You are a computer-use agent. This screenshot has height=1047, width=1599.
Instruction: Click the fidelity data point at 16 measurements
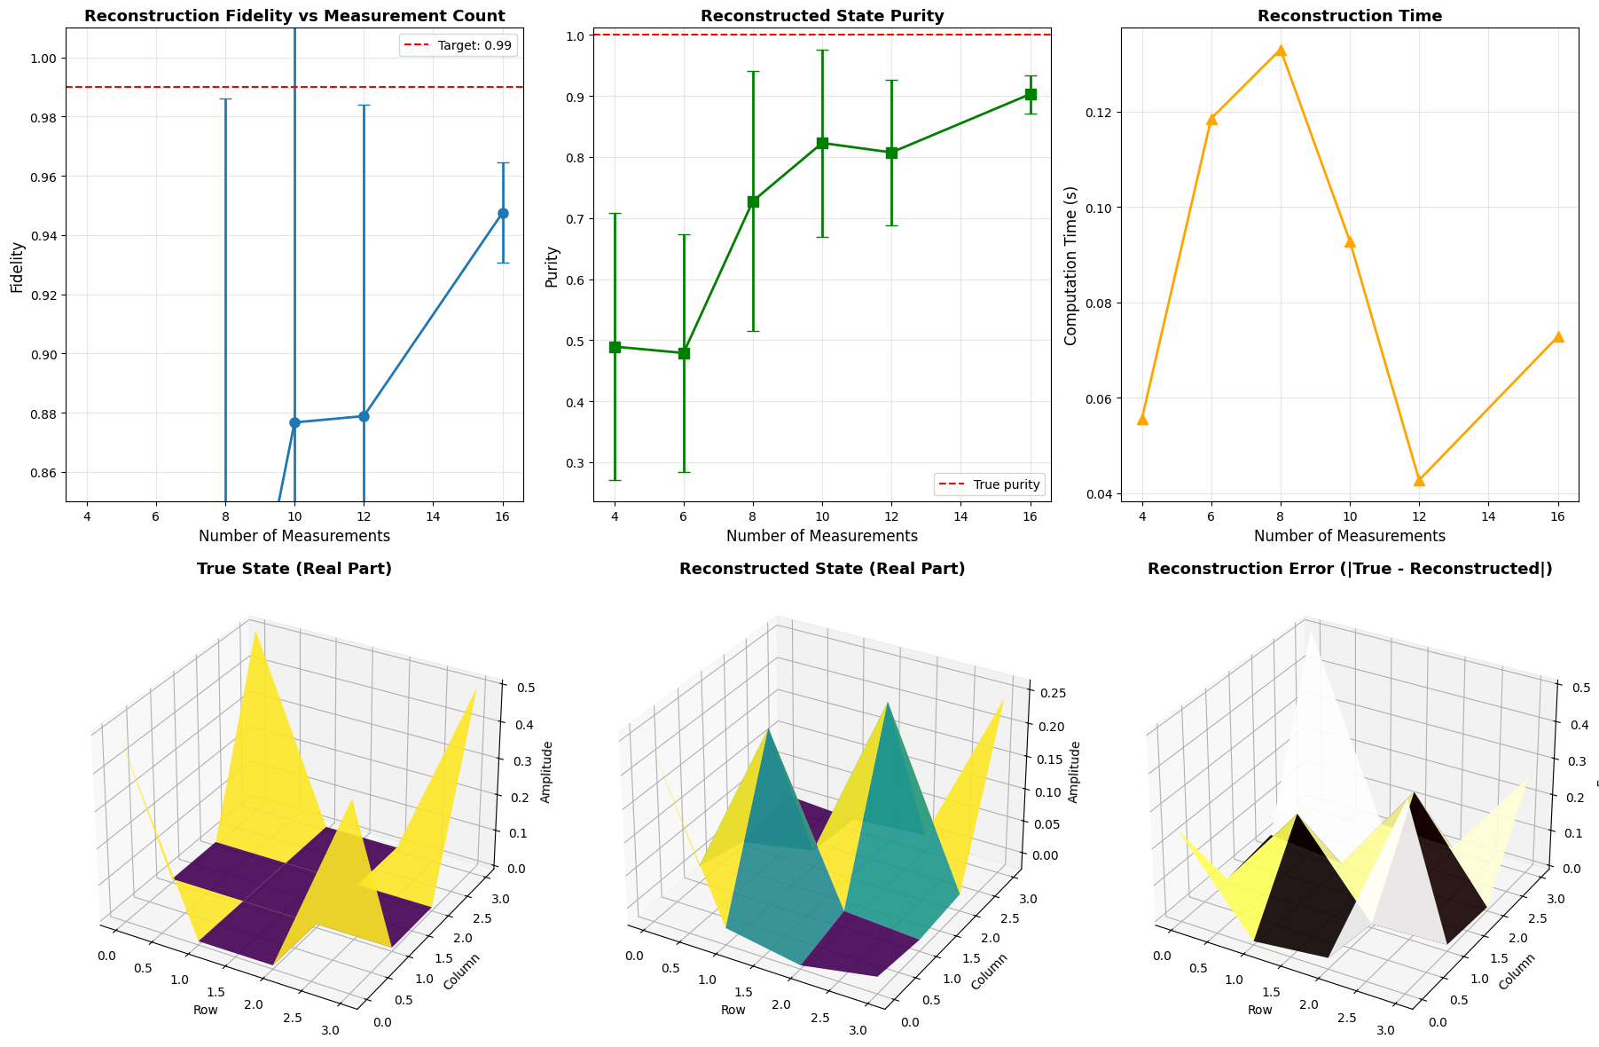click(x=503, y=213)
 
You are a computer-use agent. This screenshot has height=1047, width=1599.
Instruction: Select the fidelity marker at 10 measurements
click(x=294, y=422)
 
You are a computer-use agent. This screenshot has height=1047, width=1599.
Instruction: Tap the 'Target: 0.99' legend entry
click(x=458, y=45)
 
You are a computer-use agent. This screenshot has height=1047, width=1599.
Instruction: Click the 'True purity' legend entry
click(x=990, y=484)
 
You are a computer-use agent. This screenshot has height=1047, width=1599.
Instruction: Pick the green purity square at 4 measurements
click(x=615, y=347)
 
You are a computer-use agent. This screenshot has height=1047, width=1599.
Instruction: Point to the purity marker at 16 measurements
click(x=1031, y=94)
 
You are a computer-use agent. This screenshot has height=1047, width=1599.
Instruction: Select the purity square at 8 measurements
click(x=753, y=201)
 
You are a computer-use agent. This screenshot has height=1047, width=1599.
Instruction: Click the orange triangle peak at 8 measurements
click(x=1281, y=51)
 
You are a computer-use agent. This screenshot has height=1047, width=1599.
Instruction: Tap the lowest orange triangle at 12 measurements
click(x=1419, y=480)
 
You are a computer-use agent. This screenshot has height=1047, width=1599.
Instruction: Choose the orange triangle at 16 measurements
click(x=1558, y=337)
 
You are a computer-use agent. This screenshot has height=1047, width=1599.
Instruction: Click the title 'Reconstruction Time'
click(x=1349, y=16)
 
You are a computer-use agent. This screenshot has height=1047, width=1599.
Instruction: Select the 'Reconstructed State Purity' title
click(x=822, y=16)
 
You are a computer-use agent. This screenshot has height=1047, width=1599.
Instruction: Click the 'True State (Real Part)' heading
click(x=294, y=569)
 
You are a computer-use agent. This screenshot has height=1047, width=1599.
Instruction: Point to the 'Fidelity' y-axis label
click(x=17, y=267)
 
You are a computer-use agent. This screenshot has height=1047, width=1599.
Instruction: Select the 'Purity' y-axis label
click(x=552, y=266)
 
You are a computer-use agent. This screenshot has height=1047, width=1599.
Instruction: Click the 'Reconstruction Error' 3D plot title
click(x=1350, y=569)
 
